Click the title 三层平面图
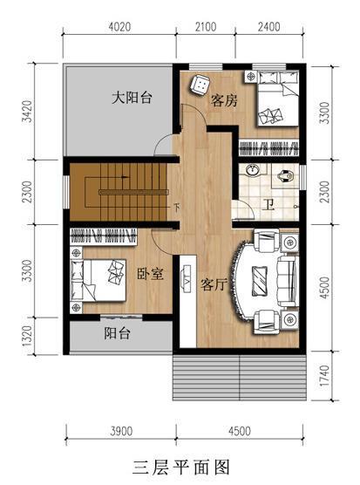(180, 465)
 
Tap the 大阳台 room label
(132, 98)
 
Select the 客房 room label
(224, 100)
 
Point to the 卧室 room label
(150, 274)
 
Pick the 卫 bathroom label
(267, 205)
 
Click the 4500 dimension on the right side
(326, 288)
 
